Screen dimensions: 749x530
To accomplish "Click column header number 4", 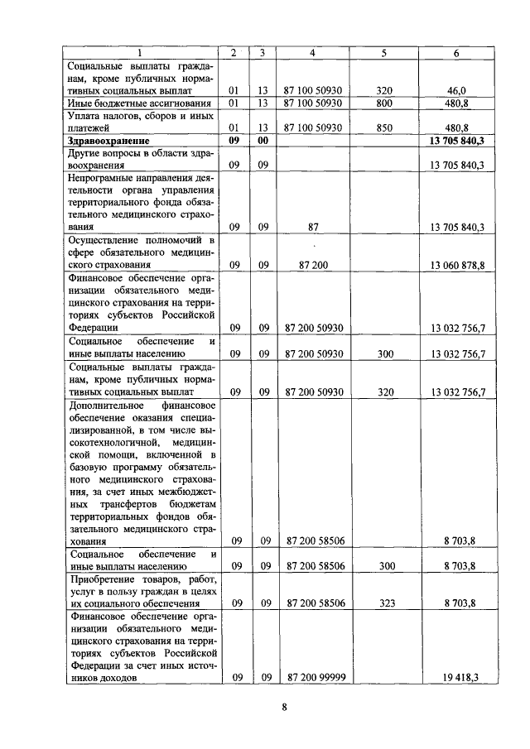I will [312, 53].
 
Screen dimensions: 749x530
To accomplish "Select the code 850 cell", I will [383, 128].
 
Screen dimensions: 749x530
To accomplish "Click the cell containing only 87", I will [312, 226].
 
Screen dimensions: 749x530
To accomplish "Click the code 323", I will [383, 603].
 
